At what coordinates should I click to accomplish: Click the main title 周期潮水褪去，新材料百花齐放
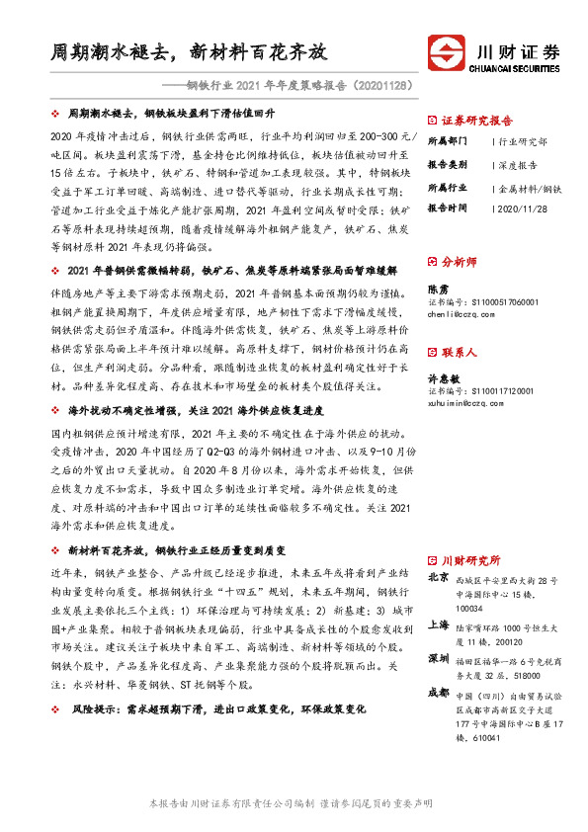coord(189,51)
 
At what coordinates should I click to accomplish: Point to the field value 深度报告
coord(516,165)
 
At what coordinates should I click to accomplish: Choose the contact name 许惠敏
coord(443,377)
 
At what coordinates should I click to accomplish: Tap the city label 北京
coord(438,577)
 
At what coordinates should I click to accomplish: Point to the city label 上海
coord(438,624)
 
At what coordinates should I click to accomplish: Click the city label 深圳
coord(438,657)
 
